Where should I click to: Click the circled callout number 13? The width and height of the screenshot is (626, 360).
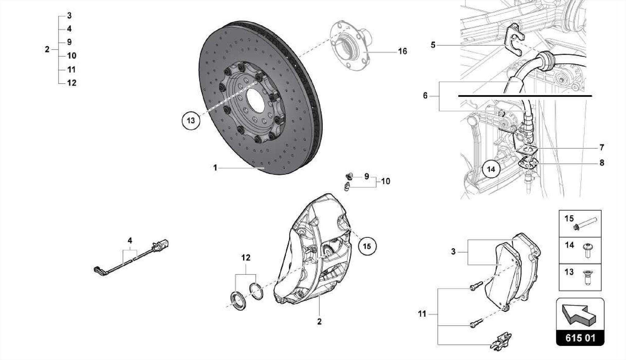(191, 121)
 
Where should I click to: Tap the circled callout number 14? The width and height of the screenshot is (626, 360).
(491, 169)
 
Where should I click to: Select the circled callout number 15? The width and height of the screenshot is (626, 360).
(367, 246)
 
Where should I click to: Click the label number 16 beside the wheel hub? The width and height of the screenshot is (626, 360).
(402, 51)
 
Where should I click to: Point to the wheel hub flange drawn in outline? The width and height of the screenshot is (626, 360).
(352, 46)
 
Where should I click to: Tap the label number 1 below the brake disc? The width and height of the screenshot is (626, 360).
(215, 168)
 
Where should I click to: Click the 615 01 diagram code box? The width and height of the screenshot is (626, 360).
(580, 338)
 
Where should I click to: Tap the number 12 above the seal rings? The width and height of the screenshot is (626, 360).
(246, 258)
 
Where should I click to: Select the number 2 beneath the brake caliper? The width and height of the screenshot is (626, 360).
(319, 321)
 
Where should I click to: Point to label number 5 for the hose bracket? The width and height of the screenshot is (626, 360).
(433, 45)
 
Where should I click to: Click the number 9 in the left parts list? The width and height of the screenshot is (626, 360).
(69, 42)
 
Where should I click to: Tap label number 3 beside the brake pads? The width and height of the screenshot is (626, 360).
(453, 252)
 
